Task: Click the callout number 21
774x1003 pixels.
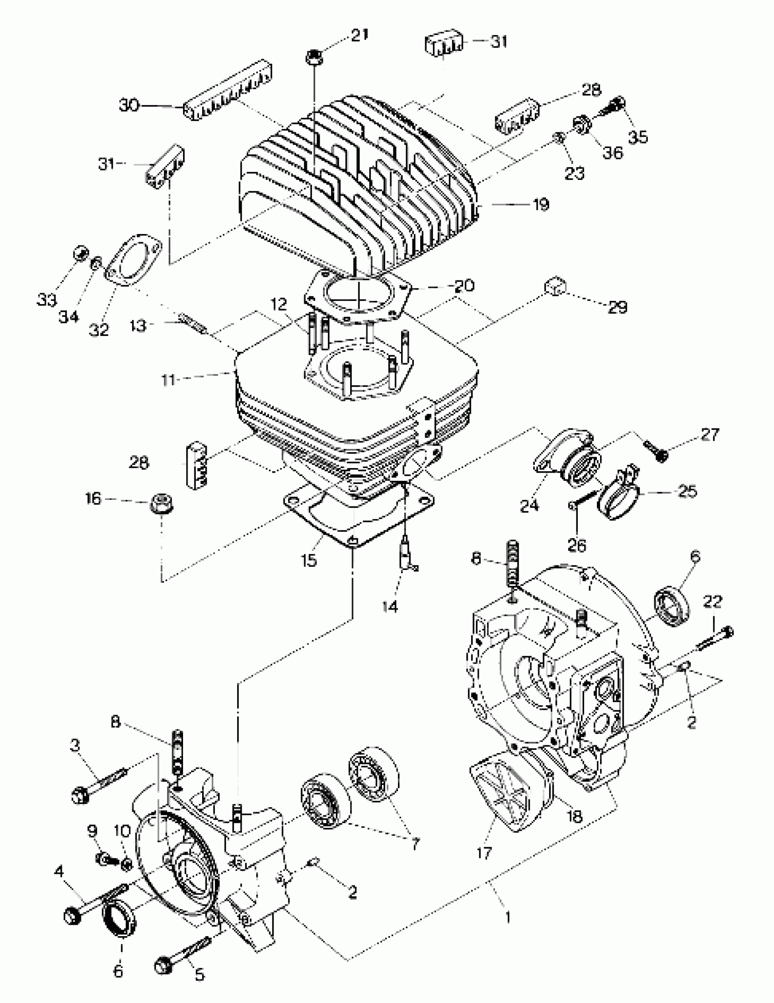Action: click(360, 35)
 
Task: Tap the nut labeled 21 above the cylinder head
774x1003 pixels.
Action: click(313, 58)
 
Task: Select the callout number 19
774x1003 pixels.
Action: click(541, 204)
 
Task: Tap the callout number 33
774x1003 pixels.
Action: click(47, 300)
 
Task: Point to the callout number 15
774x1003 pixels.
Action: click(309, 560)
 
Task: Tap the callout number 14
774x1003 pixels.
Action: click(390, 606)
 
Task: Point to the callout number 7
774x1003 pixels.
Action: click(415, 844)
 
